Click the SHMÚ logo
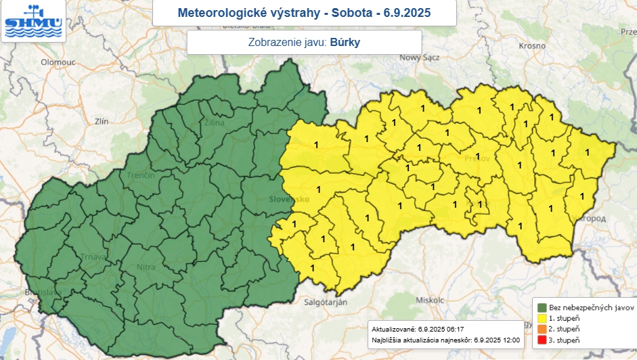(32, 21)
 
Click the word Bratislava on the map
(42, 292)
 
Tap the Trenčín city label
(141, 176)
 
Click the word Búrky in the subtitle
(345, 42)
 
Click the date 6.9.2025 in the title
(406, 13)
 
